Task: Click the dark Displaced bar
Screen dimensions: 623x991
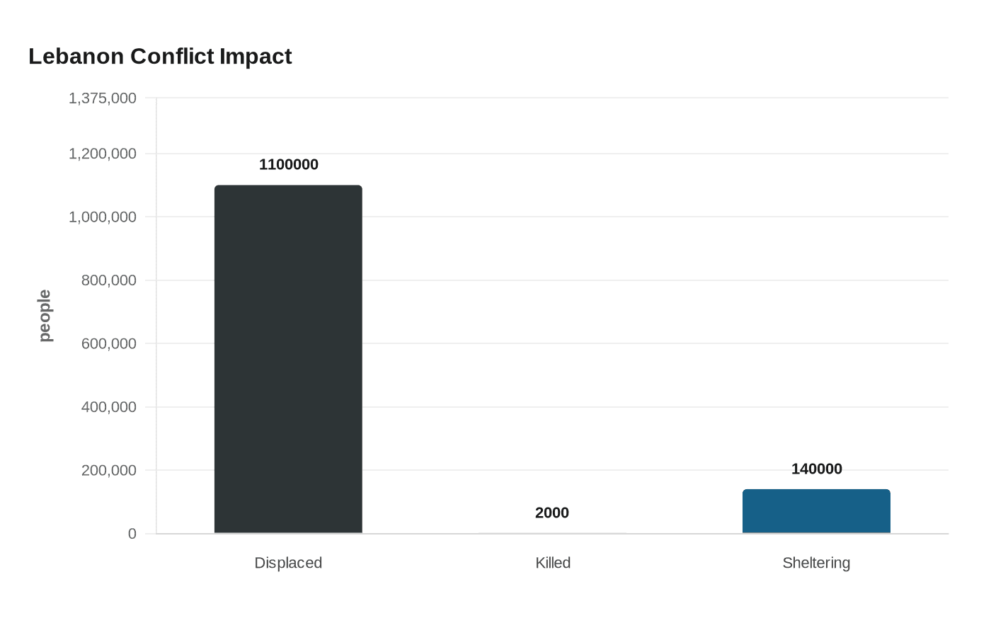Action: [288, 359]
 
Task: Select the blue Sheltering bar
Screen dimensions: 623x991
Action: [816, 511]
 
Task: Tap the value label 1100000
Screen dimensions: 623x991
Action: [288, 165]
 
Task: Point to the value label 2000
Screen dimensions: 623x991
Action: [552, 513]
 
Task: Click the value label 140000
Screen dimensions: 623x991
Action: [816, 469]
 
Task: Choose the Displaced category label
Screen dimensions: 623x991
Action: [288, 563]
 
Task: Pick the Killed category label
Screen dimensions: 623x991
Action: [553, 563]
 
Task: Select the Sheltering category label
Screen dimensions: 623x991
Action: [816, 563]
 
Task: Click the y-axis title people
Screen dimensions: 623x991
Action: [45, 316]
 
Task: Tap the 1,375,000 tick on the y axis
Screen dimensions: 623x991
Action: [103, 98]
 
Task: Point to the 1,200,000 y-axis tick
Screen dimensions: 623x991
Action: [103, 154]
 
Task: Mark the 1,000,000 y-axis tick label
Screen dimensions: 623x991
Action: [103, 217]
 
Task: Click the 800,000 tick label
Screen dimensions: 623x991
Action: [109, 280]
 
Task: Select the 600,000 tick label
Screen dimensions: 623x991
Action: [109, 344]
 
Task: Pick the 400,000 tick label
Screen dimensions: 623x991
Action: [109, 407]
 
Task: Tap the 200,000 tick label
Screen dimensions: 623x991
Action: [109, 470]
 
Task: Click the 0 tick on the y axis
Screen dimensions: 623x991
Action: [132, 534]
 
